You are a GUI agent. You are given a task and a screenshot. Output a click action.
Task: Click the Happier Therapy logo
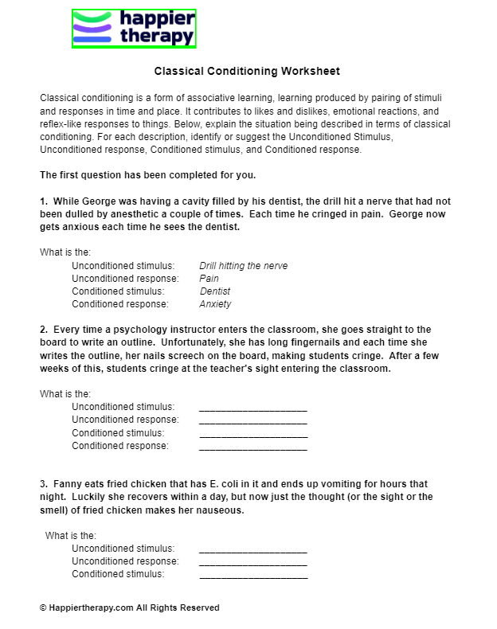pyautogui.click(x=134, y=29)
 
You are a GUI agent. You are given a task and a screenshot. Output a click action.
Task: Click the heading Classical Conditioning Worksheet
pyautogui.click(x=247, y=71)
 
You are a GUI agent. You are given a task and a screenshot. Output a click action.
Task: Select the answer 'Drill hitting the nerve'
pyautogui.click(x=243, y=266)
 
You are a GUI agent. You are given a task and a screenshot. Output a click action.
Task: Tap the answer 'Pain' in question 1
pyautogui.click(x=209, y=279)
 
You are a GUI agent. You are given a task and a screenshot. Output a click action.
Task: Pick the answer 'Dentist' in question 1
pyautogui.click(x=214, y=291)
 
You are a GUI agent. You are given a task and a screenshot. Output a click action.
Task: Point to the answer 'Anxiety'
pyautogui.click(x=215, y=304)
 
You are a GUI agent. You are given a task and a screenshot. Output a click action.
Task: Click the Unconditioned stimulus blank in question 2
pyautogui.click(x=252, y=407)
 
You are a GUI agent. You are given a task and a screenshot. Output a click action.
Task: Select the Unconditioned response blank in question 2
pyautogui.click(x=252, y=420)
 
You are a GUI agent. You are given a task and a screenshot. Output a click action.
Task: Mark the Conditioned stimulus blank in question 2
pyautogui.click(x=252, y=433)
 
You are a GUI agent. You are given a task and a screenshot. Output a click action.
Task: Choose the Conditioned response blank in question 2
pyautogui.click(x=252, y=446)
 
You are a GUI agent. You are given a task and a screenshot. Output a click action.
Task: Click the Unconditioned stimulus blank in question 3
pyautogui.click(x=252, y=549)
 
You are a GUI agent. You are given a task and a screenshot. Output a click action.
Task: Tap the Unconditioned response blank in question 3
pyautogui.click(x=252, y=561)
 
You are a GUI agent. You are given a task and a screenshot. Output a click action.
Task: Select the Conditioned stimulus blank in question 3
pyautogui.click(x=252, y=574)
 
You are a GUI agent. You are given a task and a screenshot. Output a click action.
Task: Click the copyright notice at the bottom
pyautogui.click(x=129, y=608)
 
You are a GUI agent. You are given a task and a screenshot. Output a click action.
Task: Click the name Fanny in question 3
pyautogui.click(x=67, y=484)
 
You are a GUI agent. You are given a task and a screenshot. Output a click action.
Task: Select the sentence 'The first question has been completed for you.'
pyautogui.click(x=147, y=175)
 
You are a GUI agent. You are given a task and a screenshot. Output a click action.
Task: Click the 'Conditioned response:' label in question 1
pyautogui.click(x=120, y=304)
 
